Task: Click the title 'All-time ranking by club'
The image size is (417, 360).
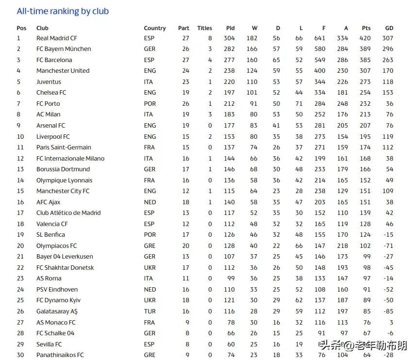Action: (63, 11)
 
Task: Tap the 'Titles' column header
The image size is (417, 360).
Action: (204, 28)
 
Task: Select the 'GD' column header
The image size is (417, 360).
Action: (389, 28)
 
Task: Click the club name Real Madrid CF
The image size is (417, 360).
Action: (56, 38)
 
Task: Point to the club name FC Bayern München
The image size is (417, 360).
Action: (64, 49)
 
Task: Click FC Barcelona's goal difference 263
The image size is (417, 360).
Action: (387, 60)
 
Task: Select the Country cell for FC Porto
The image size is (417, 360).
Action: (149, 104)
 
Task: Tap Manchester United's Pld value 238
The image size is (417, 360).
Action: (229, 71)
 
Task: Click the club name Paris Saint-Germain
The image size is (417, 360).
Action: (64, 147)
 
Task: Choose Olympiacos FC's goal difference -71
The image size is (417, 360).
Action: (388, 246)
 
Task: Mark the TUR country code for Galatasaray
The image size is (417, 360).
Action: (149, 311)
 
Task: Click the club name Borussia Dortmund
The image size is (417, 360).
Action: (63, 169)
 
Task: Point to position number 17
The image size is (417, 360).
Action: (20, 213)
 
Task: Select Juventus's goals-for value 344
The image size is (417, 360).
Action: (319, 82)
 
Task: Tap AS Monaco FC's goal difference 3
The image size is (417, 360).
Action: (391, 323)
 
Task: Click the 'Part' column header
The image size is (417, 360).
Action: (183, 28)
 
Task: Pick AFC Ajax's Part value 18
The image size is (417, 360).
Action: (185, 202)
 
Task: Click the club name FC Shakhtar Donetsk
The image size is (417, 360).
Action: (65, 268)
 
